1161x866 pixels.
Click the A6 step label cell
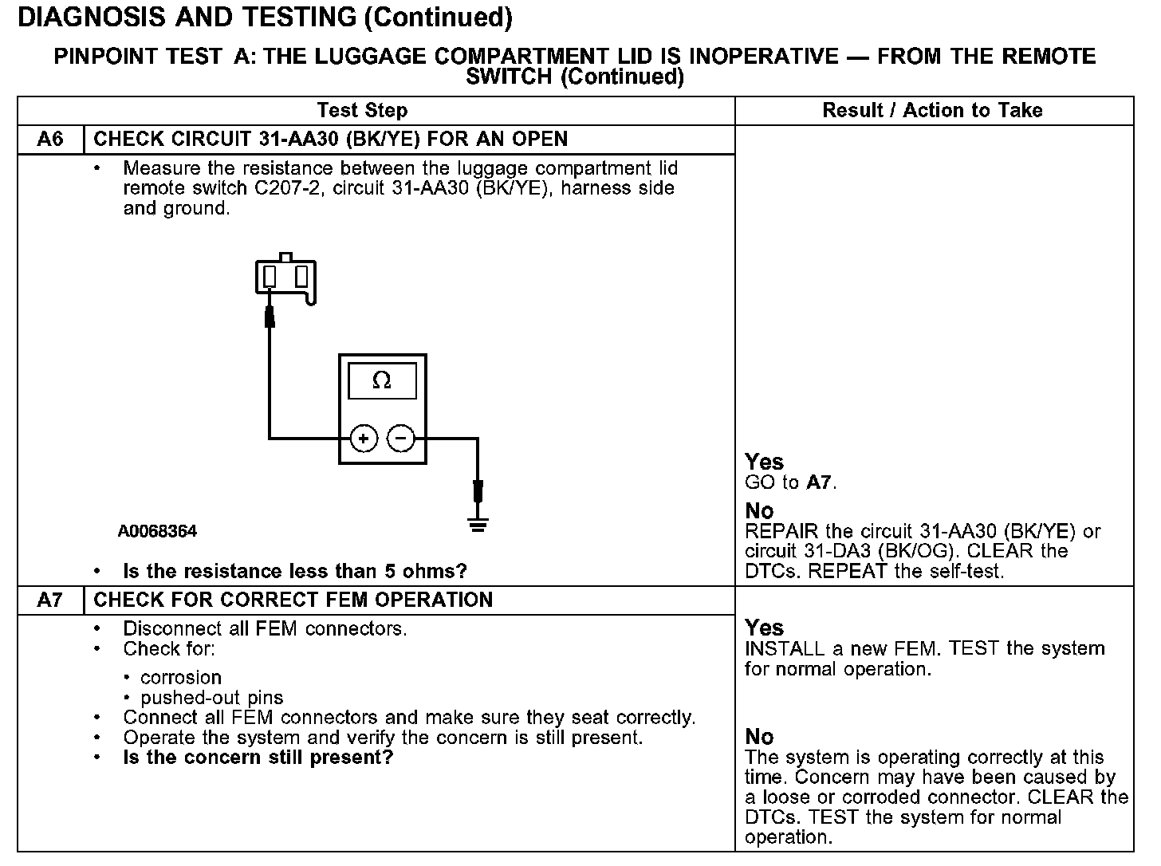(50, 140)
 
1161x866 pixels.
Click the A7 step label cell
(50, 600)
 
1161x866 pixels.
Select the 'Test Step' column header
(362, 111)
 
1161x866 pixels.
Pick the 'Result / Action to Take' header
(932, 111)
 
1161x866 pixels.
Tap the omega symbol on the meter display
(382, 381)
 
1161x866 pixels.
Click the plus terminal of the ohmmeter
(364, 438)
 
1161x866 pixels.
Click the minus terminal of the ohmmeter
(401, 438)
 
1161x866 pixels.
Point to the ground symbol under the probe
(478, 525)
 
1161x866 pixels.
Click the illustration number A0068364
(157, 531)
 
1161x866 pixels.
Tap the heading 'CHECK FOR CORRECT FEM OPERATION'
(293, 600)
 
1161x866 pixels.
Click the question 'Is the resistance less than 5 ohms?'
(294, 571)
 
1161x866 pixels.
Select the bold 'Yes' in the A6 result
(764, 462)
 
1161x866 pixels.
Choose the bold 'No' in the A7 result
(759, 736)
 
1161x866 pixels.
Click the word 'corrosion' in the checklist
(180, 678)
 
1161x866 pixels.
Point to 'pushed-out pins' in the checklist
(211, 698)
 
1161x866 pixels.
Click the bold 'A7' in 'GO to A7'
(820, 482)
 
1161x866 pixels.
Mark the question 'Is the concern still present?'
(258, 758)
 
